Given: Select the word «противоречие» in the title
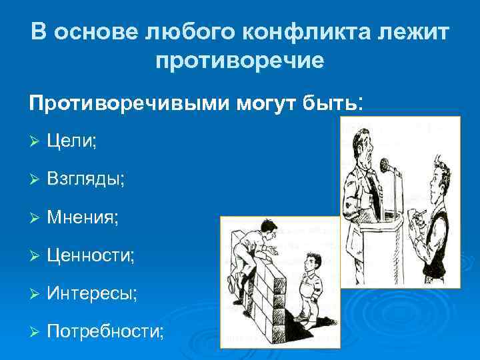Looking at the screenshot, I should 240,61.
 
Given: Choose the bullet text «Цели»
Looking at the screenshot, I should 72,141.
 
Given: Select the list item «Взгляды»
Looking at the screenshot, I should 85,179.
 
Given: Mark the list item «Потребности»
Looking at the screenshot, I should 105,331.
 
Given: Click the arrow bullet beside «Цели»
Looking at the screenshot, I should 35,141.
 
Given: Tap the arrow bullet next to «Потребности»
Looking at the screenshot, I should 35,331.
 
